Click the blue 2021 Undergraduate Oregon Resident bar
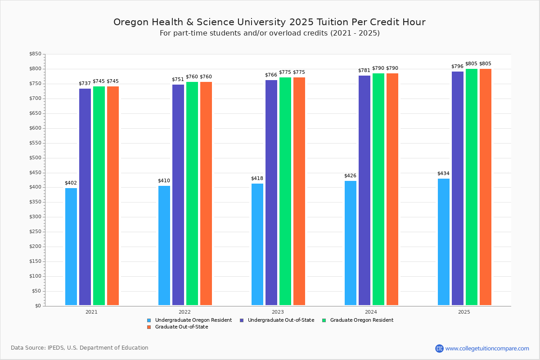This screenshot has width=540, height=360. [71, 247]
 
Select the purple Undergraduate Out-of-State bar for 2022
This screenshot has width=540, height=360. [178, 195]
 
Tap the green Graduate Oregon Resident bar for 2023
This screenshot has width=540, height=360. [285, 191]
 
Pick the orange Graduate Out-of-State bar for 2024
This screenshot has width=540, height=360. [392, 189]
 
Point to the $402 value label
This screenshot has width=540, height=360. [71, 183]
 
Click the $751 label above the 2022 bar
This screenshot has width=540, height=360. [178, 80]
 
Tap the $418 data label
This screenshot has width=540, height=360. [257, 179]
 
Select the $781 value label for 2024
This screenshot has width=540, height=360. [364, 71]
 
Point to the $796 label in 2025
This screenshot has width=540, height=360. [457, 67]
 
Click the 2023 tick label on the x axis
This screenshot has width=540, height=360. [278, 312]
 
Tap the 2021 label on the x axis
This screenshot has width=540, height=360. [91, 312]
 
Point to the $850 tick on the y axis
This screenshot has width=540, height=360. [35, 54]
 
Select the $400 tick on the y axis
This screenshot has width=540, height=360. [35, 187]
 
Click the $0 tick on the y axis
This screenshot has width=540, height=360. [38, 306]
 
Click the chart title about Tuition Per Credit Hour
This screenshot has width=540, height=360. [269, 22]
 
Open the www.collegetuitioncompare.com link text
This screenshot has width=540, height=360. [487, 348]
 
